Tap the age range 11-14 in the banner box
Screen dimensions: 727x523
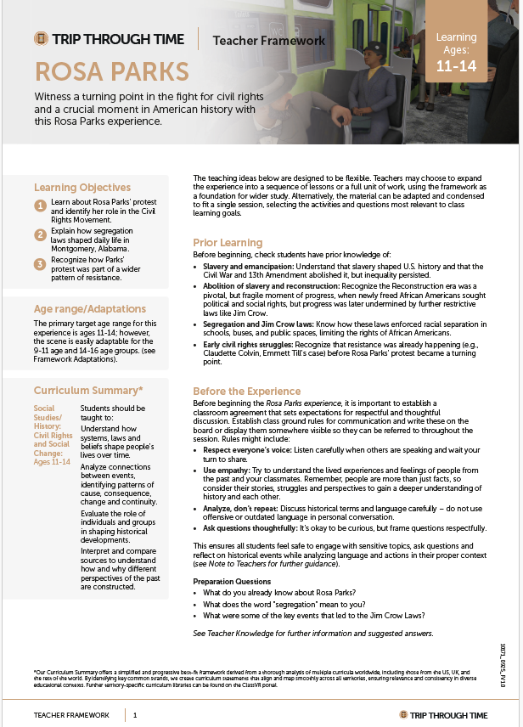pos(457,66)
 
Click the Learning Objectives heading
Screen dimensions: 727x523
pos(82,187)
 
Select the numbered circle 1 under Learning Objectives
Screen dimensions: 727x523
pos(40,206)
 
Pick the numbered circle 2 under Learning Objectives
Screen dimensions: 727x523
pos(40,234)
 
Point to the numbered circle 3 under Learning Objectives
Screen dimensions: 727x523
pos(40,263)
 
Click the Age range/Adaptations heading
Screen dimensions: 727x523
pos(90,308)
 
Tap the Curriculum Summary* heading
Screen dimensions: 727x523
pos(88,390)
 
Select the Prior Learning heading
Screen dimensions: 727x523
pos(228,242)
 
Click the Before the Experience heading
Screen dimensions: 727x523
pos(246,391)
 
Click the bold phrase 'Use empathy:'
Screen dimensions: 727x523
pos(225,470)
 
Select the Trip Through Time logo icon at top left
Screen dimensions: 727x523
pos(41,39)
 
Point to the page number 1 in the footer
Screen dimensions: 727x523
pos(135,715)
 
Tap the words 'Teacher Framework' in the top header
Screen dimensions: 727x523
pos(269,40)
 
